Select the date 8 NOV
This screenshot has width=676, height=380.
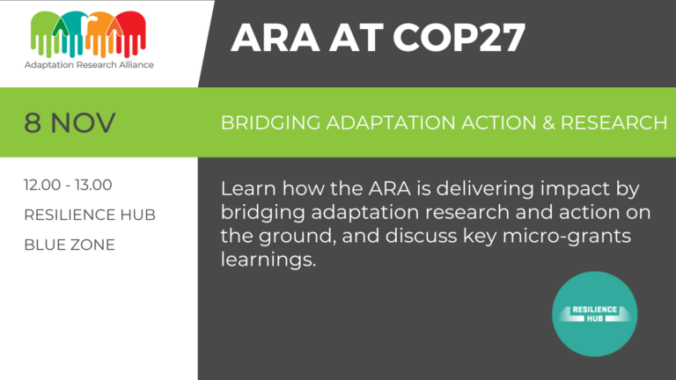[70, 122]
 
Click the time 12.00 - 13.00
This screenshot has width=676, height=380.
[68, 186]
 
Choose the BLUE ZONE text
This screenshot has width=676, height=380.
[69, 245]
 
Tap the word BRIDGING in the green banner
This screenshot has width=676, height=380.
[265, 123]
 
